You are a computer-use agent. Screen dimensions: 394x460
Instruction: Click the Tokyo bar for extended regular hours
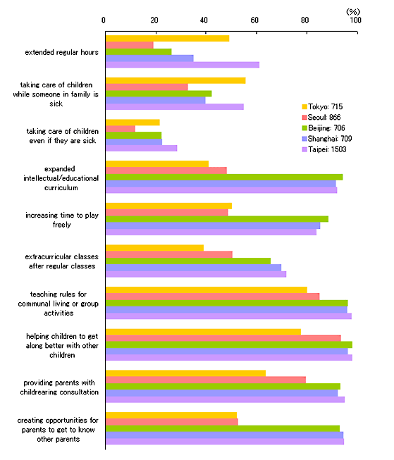(x=167, y=39)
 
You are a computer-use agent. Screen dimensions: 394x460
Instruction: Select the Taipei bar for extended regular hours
(x=183, y=65)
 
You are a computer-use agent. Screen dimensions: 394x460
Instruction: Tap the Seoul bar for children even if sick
(x=121, y=129)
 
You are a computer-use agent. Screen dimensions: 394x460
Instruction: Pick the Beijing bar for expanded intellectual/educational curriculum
(x=224, y=178)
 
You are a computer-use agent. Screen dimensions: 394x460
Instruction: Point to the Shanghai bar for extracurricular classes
(x=193, y=268)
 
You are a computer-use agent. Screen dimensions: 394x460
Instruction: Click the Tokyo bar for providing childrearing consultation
(x=185, y=373)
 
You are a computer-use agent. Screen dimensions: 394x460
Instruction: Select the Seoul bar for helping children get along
(x=223, y=338)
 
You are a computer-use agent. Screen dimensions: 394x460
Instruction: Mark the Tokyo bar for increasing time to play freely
(x=168, y=206)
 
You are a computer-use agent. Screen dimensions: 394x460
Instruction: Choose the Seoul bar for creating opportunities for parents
(x=172, y=422)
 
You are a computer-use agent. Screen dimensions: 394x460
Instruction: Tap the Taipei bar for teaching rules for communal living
(x=228, y=316)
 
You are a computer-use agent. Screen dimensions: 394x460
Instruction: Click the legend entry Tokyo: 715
(x=322, y=106)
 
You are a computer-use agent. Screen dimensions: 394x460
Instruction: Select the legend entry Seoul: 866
(x=321, y=118)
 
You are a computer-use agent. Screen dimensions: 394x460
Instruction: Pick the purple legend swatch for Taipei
(x=304, y=149)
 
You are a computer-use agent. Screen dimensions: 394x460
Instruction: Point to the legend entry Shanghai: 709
(x=327, y=139)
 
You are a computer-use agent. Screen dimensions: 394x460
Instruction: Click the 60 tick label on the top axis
(x=254, y=20)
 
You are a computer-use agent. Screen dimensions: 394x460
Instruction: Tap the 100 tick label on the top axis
(x=355, y=20)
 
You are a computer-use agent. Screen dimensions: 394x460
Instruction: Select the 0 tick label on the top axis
(x=104, y=20)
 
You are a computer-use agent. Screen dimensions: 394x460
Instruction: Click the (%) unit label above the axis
(x=353, y=12)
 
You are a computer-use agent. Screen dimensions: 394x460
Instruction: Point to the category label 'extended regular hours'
(x=61, y=52)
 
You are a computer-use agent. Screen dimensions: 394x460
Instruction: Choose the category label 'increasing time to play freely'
(x=61, y=220)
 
